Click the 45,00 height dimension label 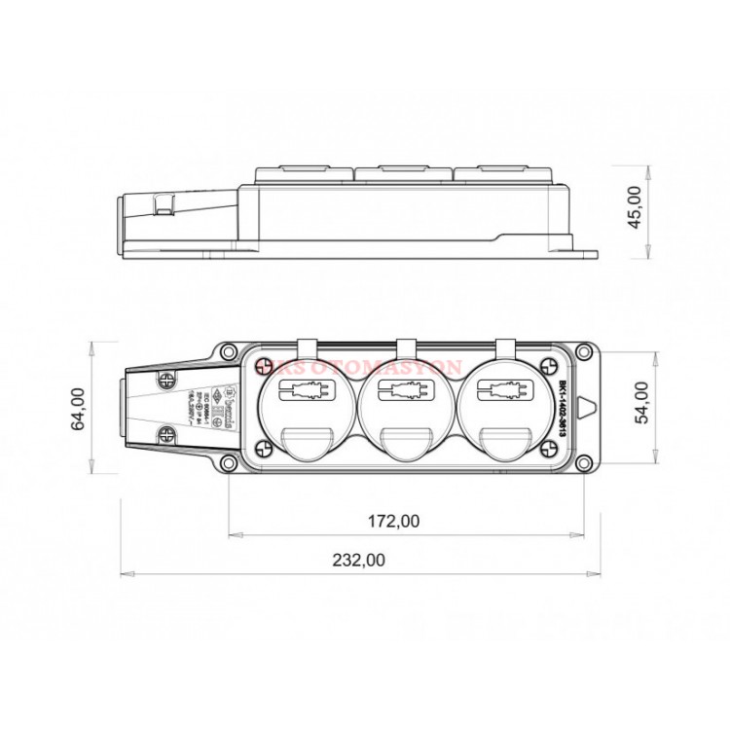coord(636,206)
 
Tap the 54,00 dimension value coord(642,401)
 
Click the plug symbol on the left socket coord(305,394)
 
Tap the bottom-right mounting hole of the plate coord(583,466)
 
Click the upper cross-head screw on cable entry coord(167,378)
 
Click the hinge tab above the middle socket coord(406,347)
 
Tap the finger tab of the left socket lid coord(305,444)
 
